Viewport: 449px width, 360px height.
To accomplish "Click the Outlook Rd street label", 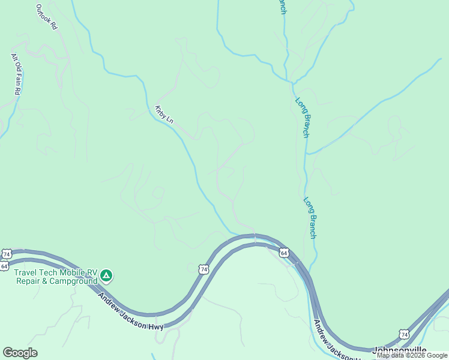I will [46, 17].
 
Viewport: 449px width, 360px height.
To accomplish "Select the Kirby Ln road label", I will [164, 115].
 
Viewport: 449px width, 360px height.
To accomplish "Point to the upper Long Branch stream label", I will [303, 118].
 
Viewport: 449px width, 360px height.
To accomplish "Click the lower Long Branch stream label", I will [310, 218].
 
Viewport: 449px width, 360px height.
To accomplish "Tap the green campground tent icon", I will [106, 276].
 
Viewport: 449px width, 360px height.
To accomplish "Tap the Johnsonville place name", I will [400, 350].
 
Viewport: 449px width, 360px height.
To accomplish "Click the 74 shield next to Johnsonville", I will [405, 334].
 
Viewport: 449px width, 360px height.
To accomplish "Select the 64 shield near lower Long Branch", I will [284, 253].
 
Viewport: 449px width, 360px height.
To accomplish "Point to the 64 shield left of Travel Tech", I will [5, 266].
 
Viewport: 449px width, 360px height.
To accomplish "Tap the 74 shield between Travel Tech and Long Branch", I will [204, 269].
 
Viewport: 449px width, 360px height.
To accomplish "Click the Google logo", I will [20, 353].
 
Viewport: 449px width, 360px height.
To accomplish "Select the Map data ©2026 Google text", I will [412, 355].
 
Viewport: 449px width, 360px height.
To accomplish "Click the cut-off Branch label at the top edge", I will [282, 8].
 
